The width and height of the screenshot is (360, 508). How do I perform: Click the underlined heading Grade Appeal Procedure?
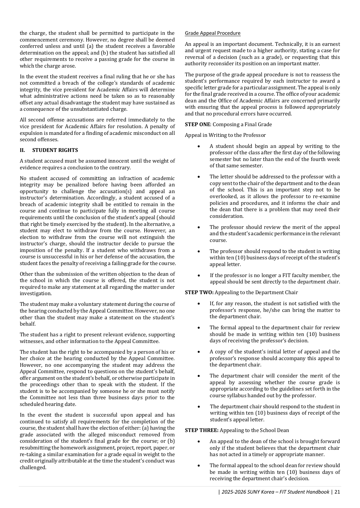212,33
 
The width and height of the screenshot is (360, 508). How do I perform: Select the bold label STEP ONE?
198,124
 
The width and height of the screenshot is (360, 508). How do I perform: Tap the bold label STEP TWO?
199,292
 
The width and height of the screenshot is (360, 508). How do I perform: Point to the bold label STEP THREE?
202,430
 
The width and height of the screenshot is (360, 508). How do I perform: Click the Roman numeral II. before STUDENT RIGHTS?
22,150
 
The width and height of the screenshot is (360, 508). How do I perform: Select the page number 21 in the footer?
337,492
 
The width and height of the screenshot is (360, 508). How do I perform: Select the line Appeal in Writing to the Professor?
225,135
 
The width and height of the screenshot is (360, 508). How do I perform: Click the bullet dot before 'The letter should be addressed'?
199,177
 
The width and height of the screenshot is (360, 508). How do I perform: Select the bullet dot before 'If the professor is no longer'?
199,275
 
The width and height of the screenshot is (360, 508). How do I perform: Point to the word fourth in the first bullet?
319,159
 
